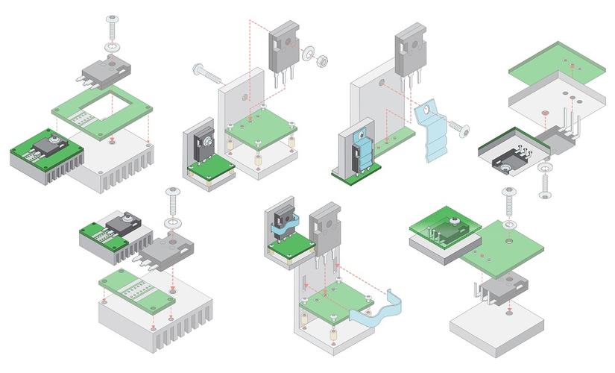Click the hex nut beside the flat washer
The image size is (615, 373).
pos(324,59)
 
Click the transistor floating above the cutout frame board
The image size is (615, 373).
pos(105,71)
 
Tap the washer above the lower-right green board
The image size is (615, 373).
pos(509,223)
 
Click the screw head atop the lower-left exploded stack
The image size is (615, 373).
pos(171,195)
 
